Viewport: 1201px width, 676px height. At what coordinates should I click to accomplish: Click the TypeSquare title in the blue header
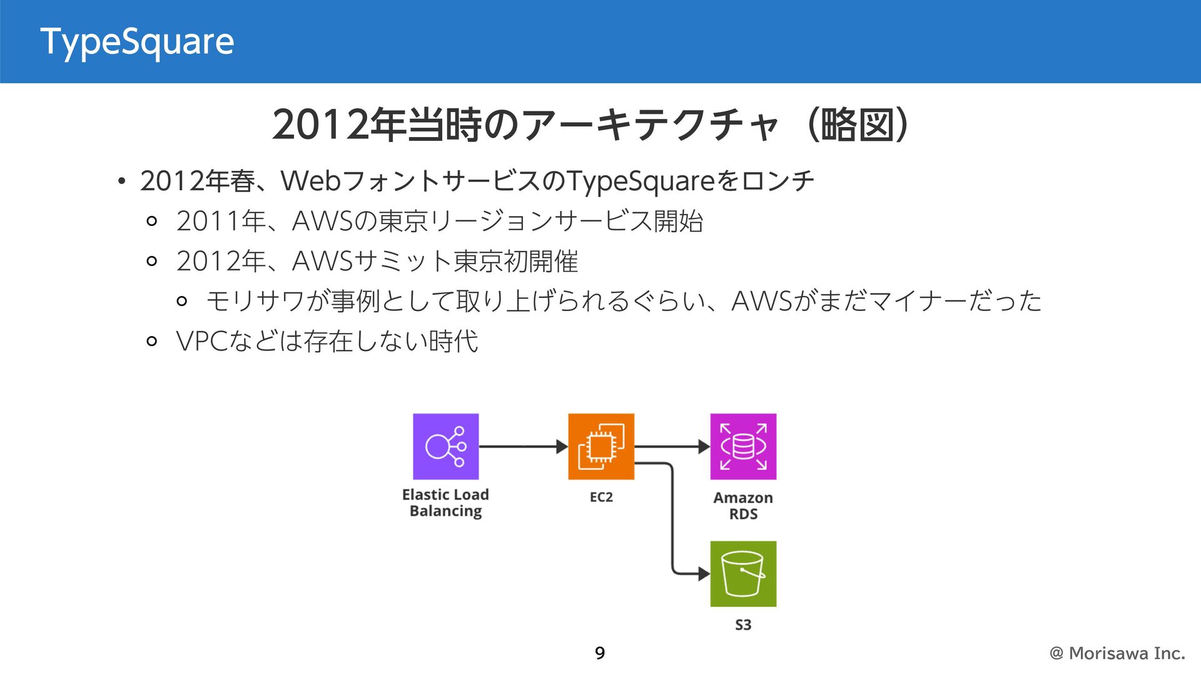pyautogui.click(x=137, y=42)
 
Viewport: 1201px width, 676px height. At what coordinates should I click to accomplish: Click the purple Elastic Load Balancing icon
pyautogui.click(x=445, y=446)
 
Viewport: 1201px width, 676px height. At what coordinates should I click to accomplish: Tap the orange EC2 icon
pyautogui.click(x=600, y=446)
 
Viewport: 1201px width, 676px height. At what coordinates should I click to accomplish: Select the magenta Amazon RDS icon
pyautogui.click(x=743, y=446)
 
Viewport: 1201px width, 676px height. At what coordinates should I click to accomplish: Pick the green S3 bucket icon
pyautogui.click(x=743, y=573)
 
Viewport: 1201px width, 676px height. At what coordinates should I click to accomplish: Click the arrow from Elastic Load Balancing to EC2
pyautogui.click(x=523, y=446)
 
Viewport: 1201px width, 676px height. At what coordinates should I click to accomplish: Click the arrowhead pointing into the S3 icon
pyautogui.click(x=704, y=573)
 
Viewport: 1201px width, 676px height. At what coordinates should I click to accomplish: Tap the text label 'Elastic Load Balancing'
pyautogui.click(x=445, y=503)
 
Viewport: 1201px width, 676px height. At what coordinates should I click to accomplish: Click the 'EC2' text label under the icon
pyautogui.click(x=600, y=497)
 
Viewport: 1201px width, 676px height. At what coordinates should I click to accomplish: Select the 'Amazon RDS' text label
pyautogui.click(x=743, y=506)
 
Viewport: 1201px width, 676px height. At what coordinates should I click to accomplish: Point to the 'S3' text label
pyautogui.click(x=743, y=625)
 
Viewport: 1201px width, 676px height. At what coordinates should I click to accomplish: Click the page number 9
pyautogui.click(x=600, y=653)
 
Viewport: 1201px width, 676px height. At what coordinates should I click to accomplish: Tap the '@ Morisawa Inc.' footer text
pyautogui.click(x=1117, y=653)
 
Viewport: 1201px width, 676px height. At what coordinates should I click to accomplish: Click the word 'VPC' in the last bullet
pyautogui.click(x=201, y=342)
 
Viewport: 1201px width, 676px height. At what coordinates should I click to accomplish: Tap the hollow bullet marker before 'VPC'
pyautogui.click(x=151, y=342)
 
